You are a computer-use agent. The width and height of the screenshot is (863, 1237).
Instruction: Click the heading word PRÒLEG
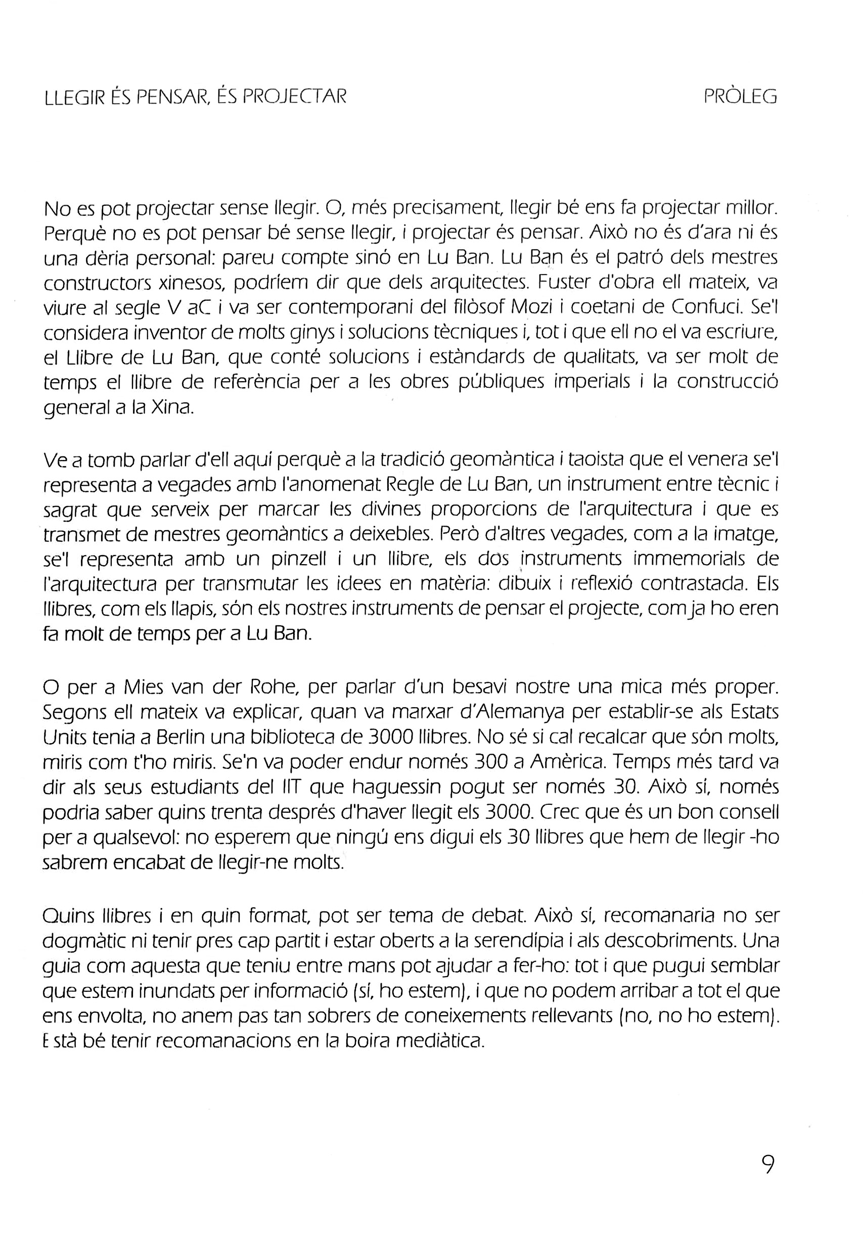click(x=740, y=97)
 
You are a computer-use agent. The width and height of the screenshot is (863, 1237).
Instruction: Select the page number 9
click(x=767, y=1162)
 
